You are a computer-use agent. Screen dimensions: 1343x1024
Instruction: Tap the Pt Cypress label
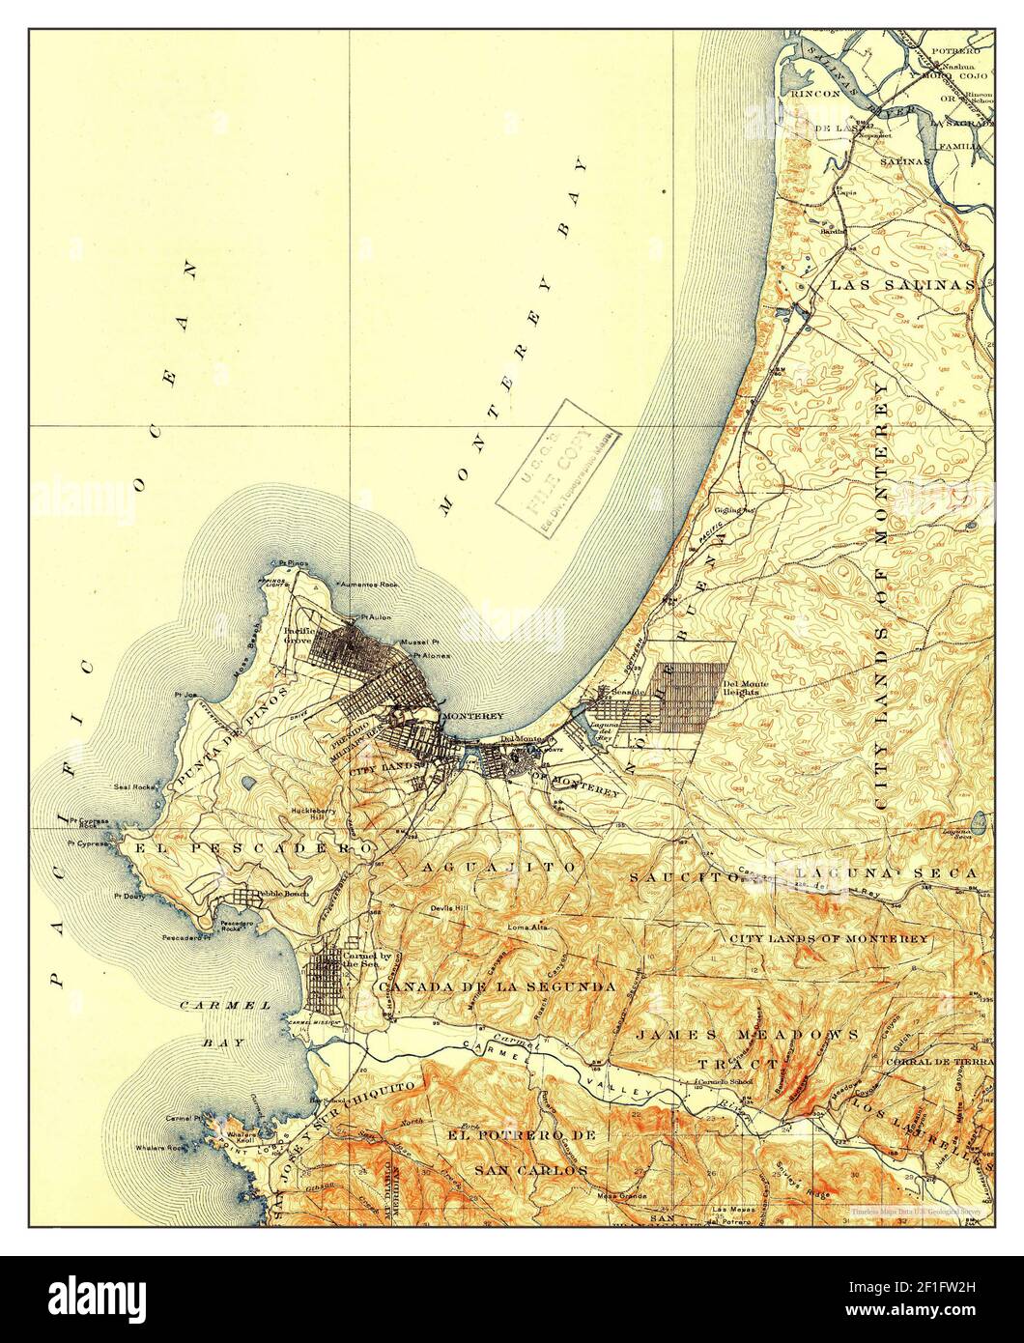tap(88, 843)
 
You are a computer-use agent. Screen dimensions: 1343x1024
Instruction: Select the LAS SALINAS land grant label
tap(902, 286)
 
